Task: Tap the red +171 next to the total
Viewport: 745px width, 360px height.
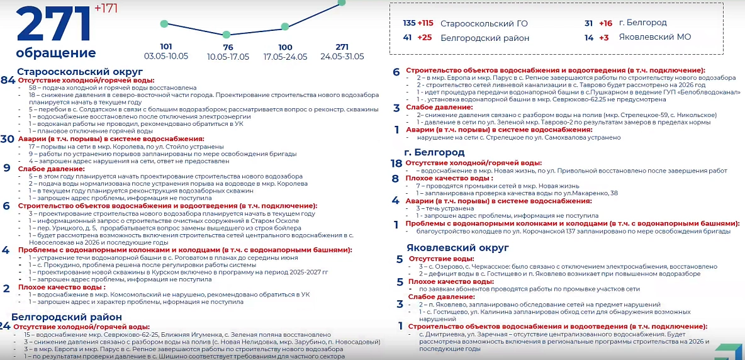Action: (x=106, y=8)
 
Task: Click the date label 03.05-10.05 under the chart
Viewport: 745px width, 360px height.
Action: (x=166, y=56)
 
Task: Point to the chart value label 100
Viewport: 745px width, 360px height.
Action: (x=285, y=47)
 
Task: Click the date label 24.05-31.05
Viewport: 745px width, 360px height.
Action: (x=342, y=56)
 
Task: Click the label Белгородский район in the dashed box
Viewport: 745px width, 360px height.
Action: (x=485, y=38)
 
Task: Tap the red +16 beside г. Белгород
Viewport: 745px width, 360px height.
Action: (x=605, y=23)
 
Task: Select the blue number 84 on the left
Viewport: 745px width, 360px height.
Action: (x=8, y=81)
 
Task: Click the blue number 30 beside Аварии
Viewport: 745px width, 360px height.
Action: (x=8, y=139)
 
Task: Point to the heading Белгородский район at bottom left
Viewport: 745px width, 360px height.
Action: (x=66, y=317)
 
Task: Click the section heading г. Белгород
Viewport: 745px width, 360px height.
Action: (x=434, y=152)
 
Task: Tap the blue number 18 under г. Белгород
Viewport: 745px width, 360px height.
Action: (x=396, y=163)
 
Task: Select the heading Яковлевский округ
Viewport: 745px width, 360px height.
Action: (x=457, y=247)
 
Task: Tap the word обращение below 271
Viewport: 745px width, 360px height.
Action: (x=56, y=53)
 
